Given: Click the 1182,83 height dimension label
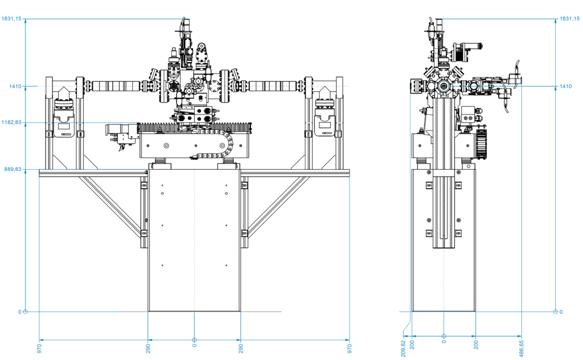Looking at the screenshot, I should [x=11, y=122].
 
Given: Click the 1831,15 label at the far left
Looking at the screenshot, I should [x=11, y=19].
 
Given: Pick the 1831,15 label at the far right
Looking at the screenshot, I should [x=570, y=19].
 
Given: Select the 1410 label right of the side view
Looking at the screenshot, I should [x=566, y=87].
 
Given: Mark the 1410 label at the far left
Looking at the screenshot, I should [x=15, y=87].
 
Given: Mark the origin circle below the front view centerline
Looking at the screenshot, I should [x=194, y=340].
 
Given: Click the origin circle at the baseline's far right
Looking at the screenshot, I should [x=555, y=312].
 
